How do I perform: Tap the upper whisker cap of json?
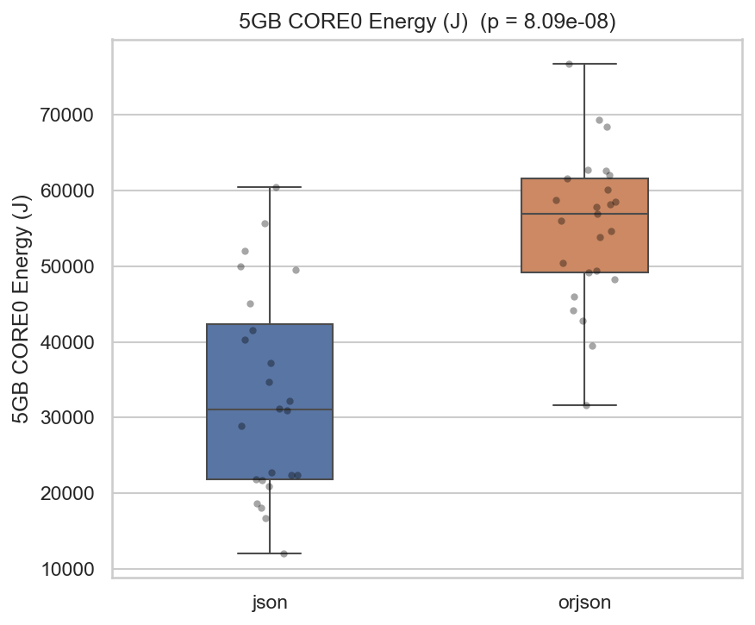pos(270,187)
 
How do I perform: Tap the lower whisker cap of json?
pos(270,553)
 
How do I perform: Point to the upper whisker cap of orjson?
pos(584,64)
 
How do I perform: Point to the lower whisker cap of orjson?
pos(584,405)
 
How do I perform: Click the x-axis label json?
pos(270,603)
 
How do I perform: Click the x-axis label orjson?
pos(584,603)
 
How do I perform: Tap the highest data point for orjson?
pos(569,64)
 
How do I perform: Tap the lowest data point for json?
pos(284,553)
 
